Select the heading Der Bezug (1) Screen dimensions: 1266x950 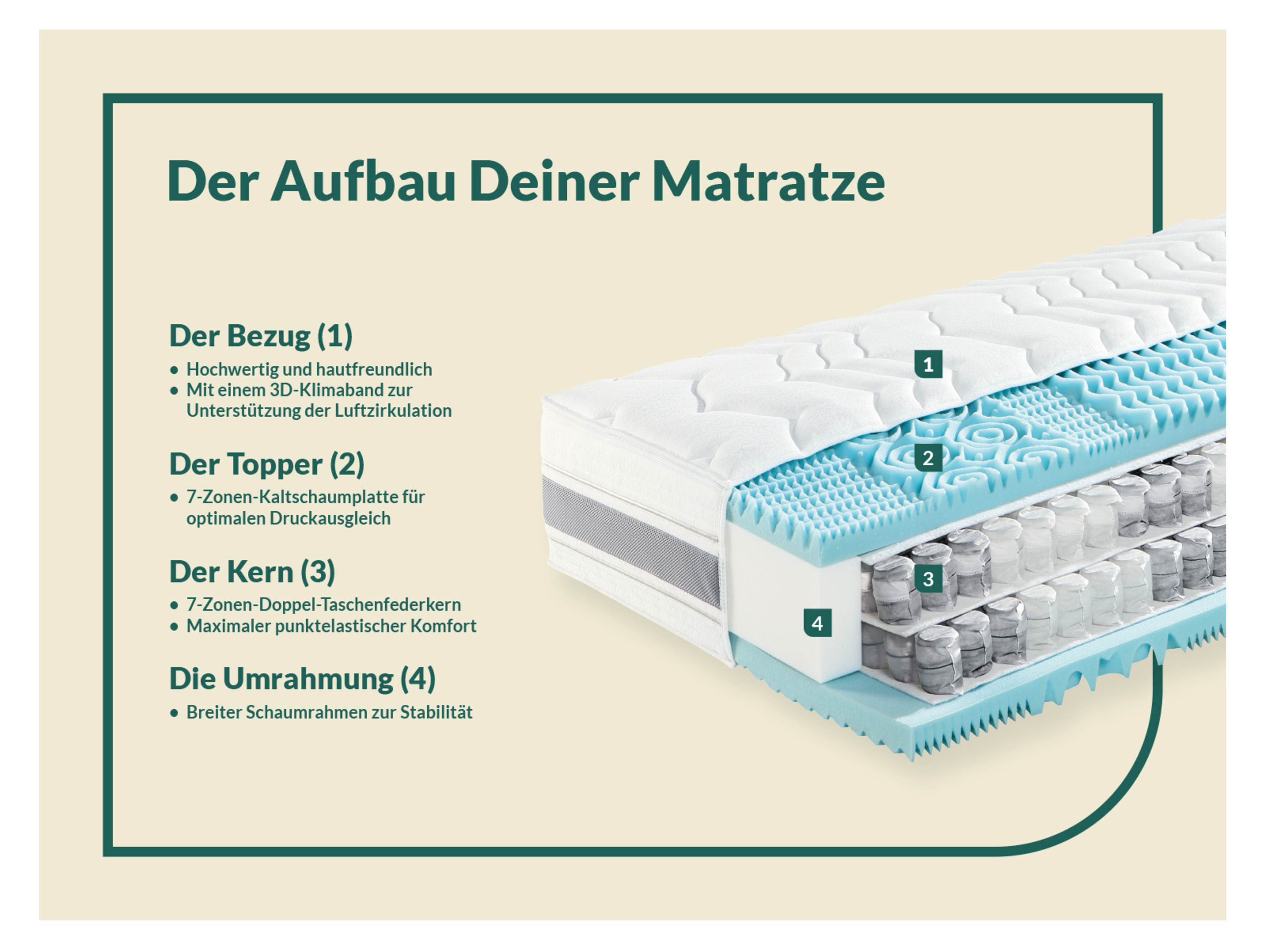click(261, 336)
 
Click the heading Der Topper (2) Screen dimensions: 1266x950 click(267, 465)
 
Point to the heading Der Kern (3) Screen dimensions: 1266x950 click(252, 572)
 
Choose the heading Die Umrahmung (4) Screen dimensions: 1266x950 click(302, 679)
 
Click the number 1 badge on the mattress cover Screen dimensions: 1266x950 click(928, 364)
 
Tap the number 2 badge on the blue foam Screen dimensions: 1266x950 click(928, 458)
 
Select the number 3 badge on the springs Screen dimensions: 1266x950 click(928, 578)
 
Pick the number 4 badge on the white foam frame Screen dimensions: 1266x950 click(818, 623)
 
